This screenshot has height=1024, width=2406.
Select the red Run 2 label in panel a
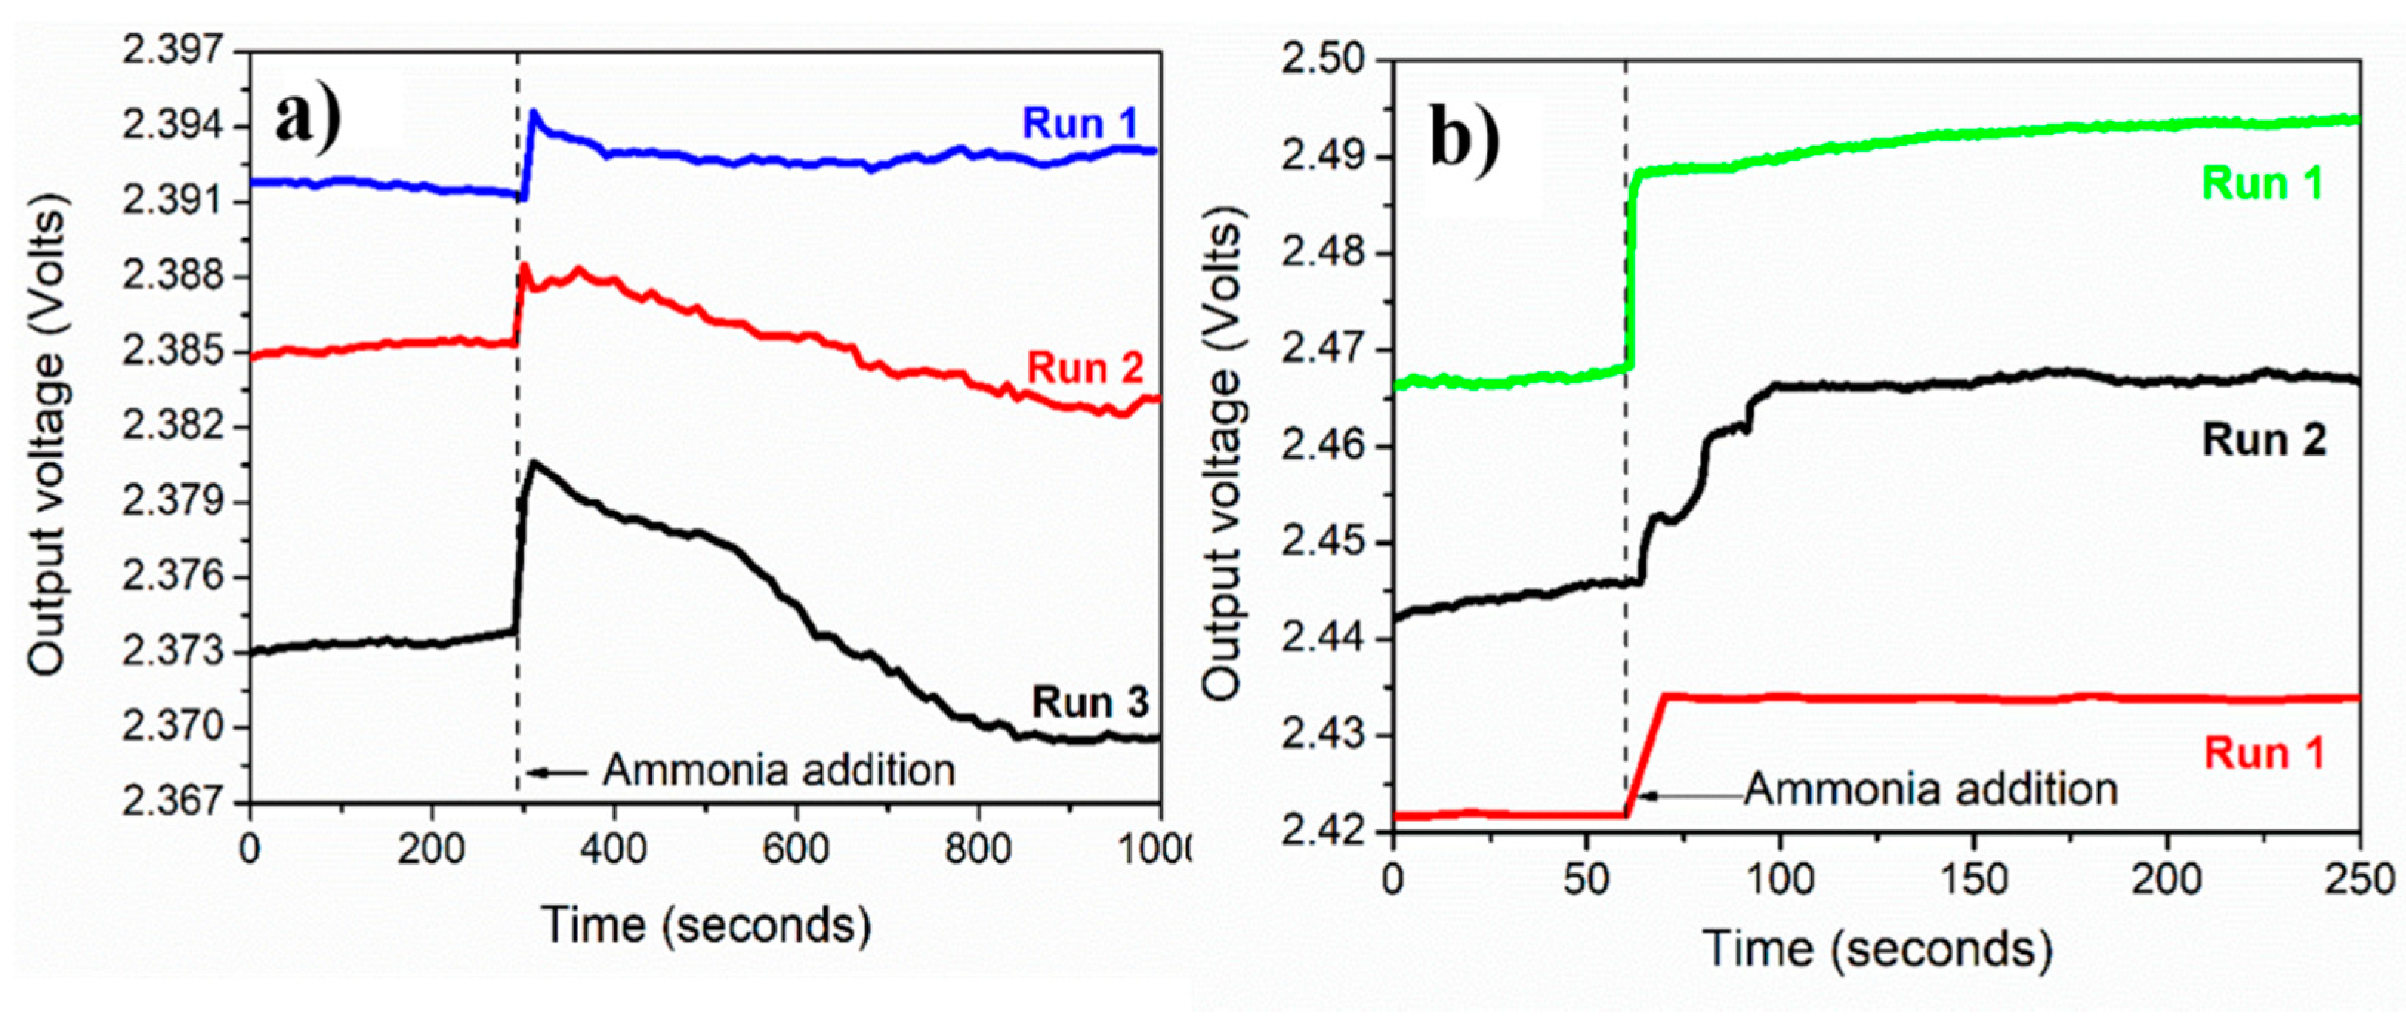point(1085,368)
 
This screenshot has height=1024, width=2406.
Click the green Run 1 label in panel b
point(2263,184)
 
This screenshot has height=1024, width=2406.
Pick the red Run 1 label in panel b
point(2264,753)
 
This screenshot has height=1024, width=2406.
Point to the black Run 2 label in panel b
point(2264,440)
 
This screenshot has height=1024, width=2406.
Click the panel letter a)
point(309,121)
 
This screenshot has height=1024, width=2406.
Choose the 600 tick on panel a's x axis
point(796,849)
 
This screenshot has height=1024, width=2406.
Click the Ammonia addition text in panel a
point(778,771)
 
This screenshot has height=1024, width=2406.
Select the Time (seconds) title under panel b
point(1877,949)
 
